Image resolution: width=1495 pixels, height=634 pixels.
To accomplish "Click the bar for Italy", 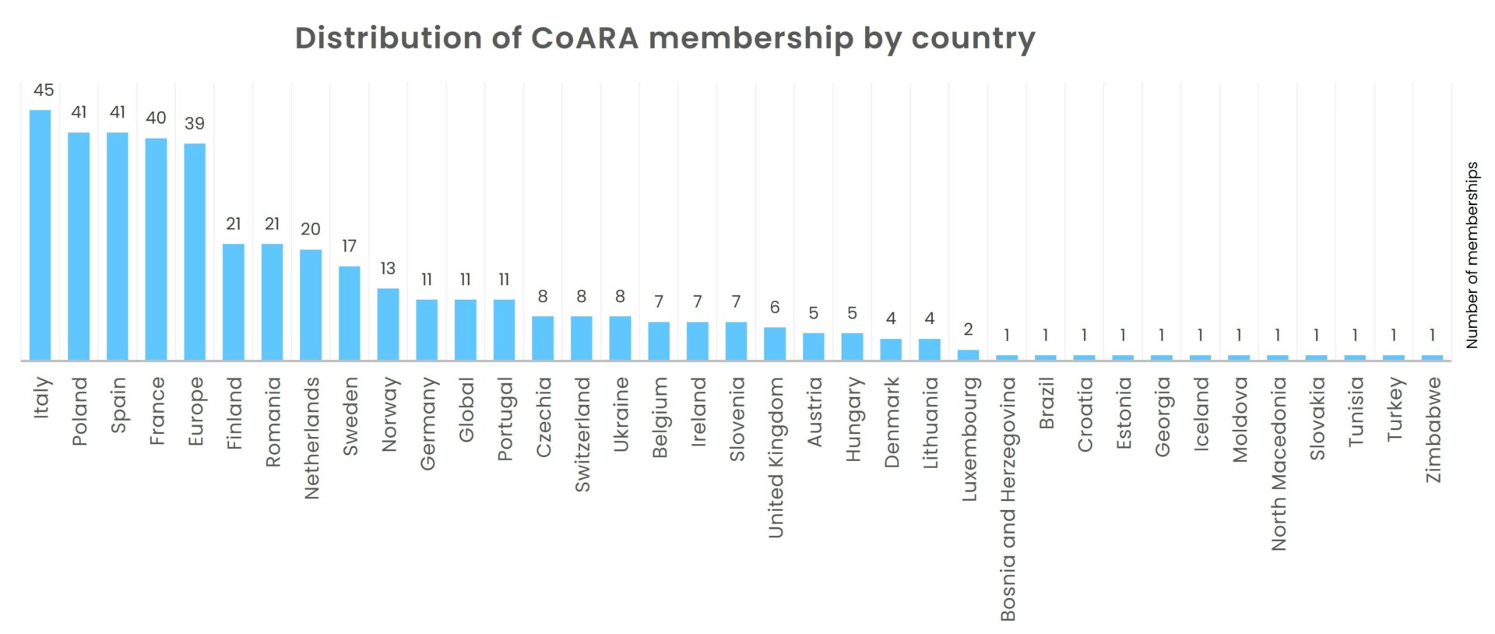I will pos(40,234).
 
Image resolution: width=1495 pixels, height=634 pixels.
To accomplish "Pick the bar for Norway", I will pos(388,324).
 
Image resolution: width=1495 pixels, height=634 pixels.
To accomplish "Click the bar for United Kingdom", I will pos(775,343).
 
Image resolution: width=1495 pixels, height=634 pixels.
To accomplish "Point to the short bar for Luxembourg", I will pos(968,355).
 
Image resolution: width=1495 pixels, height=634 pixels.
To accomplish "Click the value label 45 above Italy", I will pos(44,90).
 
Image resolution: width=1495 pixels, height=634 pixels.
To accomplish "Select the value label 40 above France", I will pos(156,118).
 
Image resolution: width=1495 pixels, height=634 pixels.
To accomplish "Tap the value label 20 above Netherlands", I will pos(310,229).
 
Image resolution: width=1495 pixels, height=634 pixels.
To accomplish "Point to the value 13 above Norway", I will pos(388,269).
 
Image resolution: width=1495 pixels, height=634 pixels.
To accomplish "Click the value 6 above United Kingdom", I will pos(775,308).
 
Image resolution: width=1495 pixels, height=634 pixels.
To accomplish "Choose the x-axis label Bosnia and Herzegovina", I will pos(1008,498).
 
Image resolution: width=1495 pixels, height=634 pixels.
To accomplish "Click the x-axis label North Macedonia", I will pos(1279,463).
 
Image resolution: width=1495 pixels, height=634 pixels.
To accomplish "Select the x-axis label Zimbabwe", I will pos(1433,429).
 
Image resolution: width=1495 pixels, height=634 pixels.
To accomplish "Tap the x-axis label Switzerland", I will pos(582,434).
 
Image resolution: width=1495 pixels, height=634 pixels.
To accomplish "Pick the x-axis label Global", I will pos(466,409).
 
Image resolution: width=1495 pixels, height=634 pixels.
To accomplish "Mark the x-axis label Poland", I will pos(79,411).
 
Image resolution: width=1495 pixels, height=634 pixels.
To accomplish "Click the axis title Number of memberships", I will pos(1472,255).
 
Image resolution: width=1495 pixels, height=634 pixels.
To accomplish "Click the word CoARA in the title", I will pos(584,37).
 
